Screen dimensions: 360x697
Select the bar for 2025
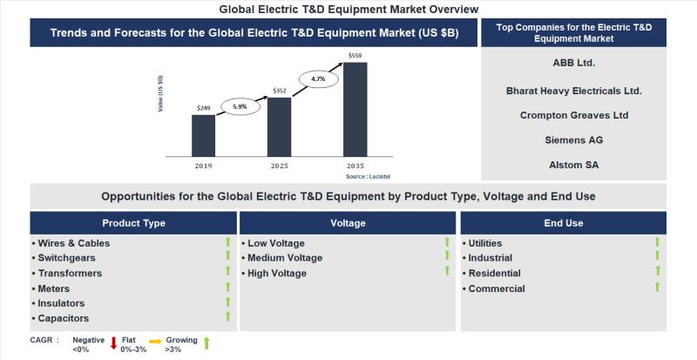279,126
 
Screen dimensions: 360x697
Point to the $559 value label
355,57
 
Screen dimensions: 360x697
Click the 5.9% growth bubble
240,106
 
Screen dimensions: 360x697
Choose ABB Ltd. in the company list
573,63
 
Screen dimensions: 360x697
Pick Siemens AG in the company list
573,139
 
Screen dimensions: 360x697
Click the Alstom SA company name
573,164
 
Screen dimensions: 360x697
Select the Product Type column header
133,223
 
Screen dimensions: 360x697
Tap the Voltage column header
348,223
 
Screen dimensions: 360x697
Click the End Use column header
563,223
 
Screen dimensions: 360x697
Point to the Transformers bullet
70,274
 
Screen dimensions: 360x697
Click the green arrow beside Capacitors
227,317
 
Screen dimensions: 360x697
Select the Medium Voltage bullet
285,258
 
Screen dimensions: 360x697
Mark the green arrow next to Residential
657,272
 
